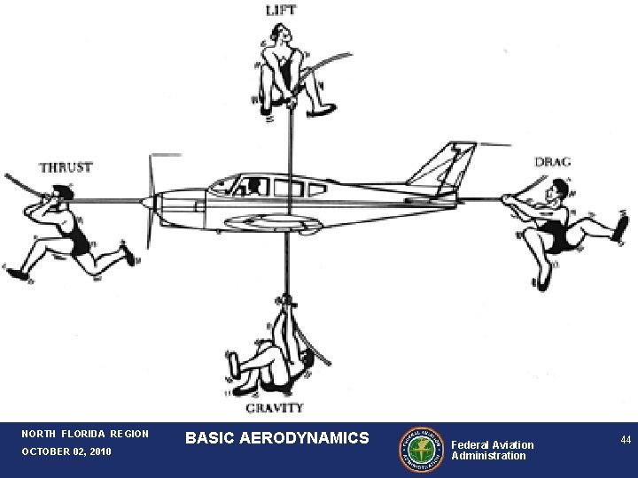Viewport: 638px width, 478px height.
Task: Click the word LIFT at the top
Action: [281, 11]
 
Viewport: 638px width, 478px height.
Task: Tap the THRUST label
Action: [65, 166]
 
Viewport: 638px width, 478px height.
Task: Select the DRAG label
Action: [552, 162]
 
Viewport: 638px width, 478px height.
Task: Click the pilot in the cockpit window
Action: [254, 186]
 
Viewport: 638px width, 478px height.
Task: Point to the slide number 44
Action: [625, 440]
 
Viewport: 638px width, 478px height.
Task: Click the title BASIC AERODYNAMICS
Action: [277, 438]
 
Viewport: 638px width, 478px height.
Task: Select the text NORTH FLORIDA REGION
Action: [86, 434]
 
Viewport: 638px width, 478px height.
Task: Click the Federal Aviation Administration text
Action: [493, 450]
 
